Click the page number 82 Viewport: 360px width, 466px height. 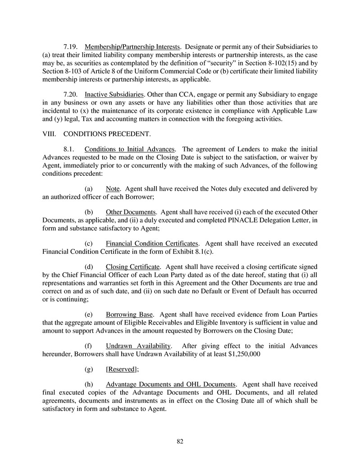pyautogui.click(x=180, y=441)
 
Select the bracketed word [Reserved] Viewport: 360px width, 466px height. pyautogui.click(x=122, y=370)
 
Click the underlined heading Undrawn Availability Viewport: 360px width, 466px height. pyautogui.click(x=138, y=346)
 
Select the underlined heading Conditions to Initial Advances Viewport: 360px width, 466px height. pyautogui.click(x=129, y=149)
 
